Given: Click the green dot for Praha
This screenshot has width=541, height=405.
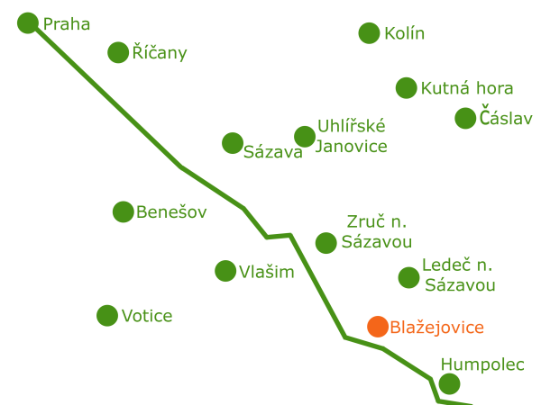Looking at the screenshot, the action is coord(28,23).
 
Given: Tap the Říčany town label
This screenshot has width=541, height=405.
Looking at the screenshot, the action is coord(160,53).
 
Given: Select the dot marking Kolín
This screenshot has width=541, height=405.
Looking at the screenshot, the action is coord(369,33).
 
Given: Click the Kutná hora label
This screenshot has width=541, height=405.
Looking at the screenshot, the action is coord(467,88).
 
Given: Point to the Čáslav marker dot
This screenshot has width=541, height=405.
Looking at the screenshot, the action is coord(465,118).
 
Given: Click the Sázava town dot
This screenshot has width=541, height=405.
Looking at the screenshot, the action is coord(233,143).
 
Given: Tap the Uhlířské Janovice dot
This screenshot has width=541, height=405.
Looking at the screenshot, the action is coord(305,137).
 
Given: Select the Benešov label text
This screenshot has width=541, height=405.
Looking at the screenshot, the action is coord(171,211).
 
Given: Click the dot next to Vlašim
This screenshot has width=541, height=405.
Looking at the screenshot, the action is coord(225,271).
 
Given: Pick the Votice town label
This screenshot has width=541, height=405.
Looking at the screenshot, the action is coord(147,316).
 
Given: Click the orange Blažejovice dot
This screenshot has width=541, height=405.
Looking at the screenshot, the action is coord(378,327).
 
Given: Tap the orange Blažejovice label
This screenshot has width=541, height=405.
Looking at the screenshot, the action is coord(436,328).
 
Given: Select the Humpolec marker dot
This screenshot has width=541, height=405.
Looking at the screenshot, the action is coord(449,383).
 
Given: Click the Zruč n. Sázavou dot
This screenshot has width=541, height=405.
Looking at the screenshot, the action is coord(326,243).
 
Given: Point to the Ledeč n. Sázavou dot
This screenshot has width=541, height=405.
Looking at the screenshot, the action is coord(408,277).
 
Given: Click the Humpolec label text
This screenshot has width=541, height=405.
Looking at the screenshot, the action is coord(482,364).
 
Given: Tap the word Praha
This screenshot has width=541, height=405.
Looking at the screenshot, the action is coord(67,24).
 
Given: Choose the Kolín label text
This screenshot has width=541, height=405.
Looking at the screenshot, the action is coord(405,33).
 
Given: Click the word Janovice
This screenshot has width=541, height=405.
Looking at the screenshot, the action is coord(352,147).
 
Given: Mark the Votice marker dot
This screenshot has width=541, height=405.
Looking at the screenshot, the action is coord(107,316).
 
